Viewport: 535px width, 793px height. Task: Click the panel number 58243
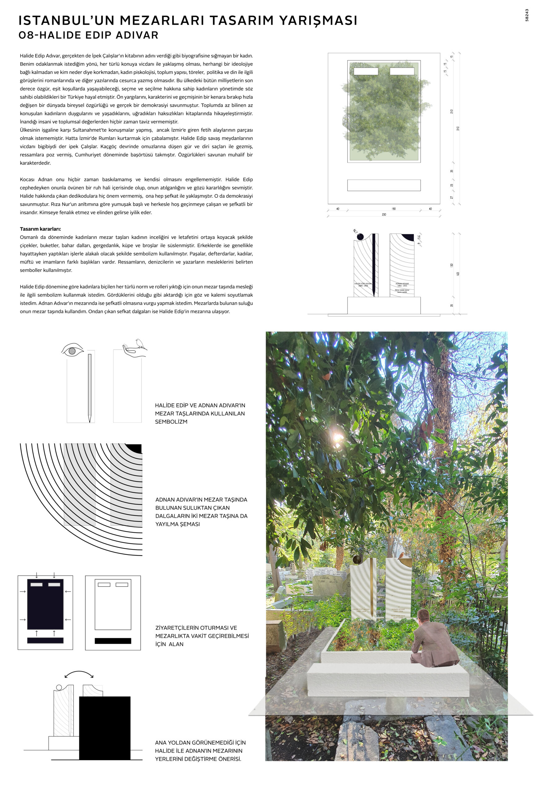coord(527,15)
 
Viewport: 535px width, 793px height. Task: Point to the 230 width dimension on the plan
coord(384,215)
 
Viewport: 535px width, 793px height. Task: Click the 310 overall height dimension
coord(458,128)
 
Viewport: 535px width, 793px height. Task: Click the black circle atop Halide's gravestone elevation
coord(360,236)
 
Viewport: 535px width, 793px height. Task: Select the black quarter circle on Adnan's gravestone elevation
coord(408,237)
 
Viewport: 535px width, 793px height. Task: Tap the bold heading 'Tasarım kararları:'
coord(40,229)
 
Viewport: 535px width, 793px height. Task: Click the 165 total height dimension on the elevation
coord(458,274)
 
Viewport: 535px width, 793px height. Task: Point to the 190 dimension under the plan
coord(393,209)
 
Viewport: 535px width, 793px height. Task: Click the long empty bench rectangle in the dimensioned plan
coord(384,185)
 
